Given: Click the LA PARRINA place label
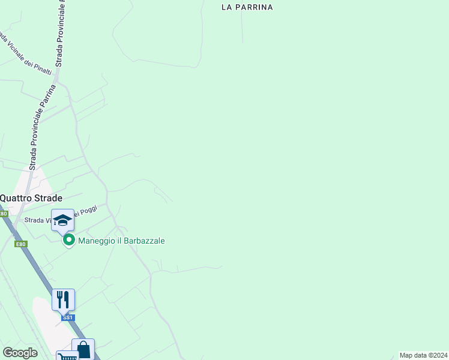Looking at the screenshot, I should (x=247, y=7).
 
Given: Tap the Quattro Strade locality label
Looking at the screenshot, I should (x=31, y=197).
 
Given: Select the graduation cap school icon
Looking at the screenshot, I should (x=62, y=221).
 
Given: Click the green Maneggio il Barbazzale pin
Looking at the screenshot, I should (x=69, y=241).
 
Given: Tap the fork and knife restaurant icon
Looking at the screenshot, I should (x=63, y=299).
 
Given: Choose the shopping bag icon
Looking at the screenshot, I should (x=83, y=349).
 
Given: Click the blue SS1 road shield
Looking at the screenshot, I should (x=68, y=317).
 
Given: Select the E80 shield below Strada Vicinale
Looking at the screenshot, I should (x=21, y=244).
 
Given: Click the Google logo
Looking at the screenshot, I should (x=20, y=353).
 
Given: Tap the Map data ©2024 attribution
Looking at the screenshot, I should (x=423, y=355).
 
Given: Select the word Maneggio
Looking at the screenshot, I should (x=96, y=241).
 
